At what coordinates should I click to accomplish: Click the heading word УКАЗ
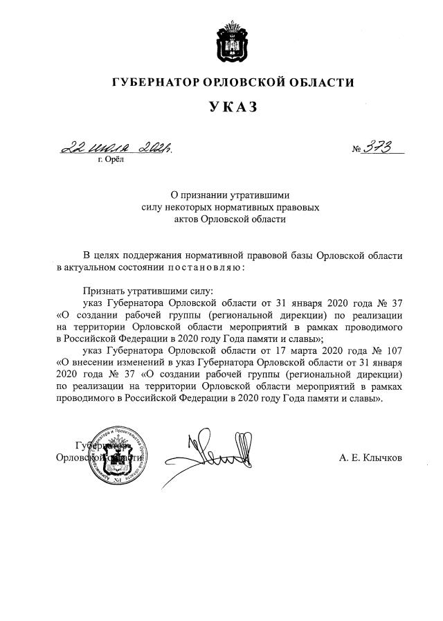(233, 107)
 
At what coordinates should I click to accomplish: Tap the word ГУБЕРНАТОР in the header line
(156, 83)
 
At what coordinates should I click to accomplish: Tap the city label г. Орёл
(111, 160)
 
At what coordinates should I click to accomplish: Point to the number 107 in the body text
(393, 351)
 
